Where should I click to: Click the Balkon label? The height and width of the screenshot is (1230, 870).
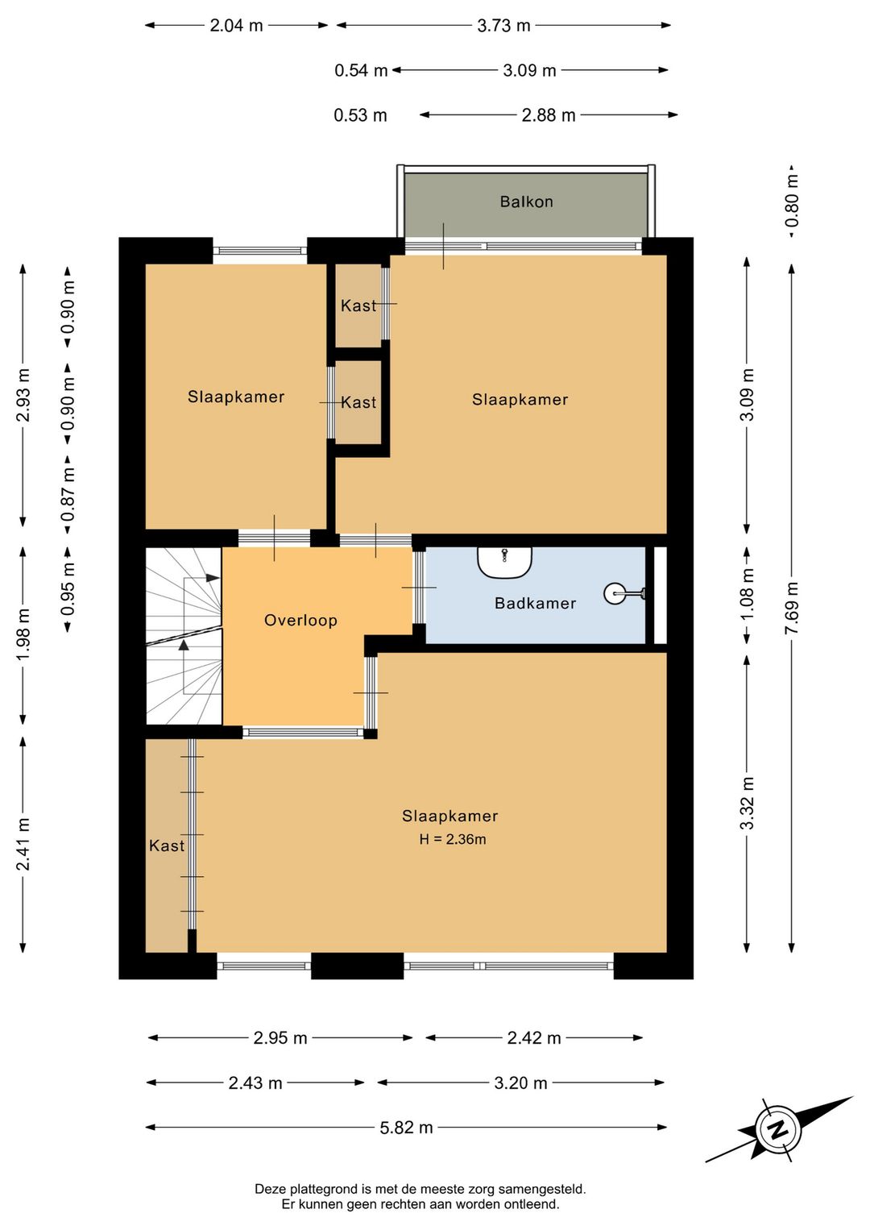point(526,202)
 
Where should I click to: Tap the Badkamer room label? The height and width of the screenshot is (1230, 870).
point(535,603)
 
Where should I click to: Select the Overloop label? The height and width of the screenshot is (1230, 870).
point(300,621)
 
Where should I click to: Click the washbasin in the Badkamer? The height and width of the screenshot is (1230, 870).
point(504,561)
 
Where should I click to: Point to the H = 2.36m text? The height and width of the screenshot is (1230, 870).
point(453,839)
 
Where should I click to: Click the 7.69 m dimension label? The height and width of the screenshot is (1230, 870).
point(791,609)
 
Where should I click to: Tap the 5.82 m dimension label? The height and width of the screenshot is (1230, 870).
point(406,1128)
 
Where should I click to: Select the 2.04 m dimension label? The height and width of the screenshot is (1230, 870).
point(236,25)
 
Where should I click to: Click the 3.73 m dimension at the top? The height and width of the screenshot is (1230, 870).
point(503,25)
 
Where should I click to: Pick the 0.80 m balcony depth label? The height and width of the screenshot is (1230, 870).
point(791,201)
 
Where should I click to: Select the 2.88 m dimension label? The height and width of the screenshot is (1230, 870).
point(549,115)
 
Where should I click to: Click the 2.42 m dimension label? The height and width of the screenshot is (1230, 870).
point(533,1038)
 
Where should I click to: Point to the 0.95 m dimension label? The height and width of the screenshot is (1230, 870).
point(68,589)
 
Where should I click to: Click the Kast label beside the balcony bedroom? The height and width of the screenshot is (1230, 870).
point(358,305)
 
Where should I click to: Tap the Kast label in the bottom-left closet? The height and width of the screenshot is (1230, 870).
point(166,845)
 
